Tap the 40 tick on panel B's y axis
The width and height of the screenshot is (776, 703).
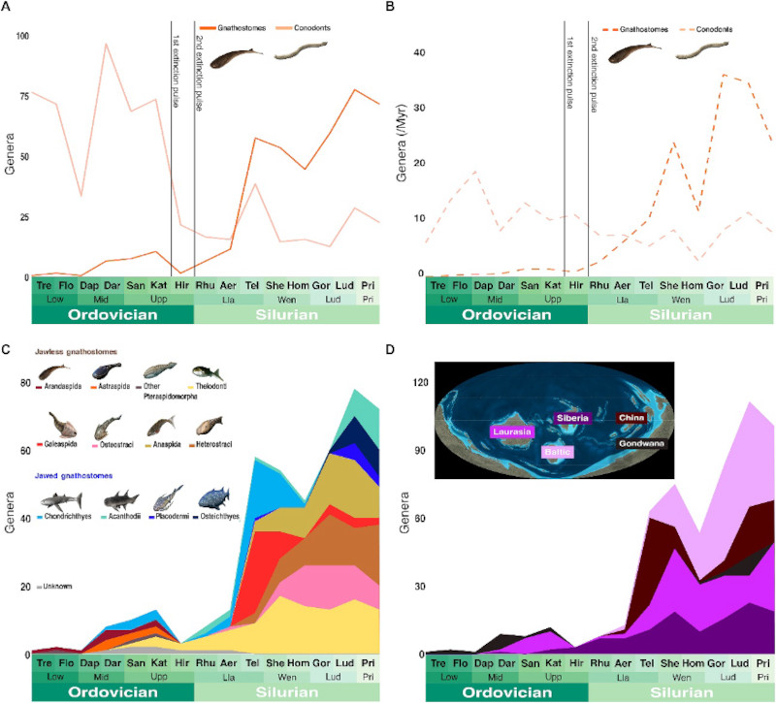tap(421, 52)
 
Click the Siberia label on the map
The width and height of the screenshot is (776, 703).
tap(570, 418)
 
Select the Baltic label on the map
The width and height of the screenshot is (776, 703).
tap(558, 452)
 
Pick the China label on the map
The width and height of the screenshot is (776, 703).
tap(631, 418)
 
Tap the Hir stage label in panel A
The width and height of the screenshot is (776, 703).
tap(182, 286)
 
